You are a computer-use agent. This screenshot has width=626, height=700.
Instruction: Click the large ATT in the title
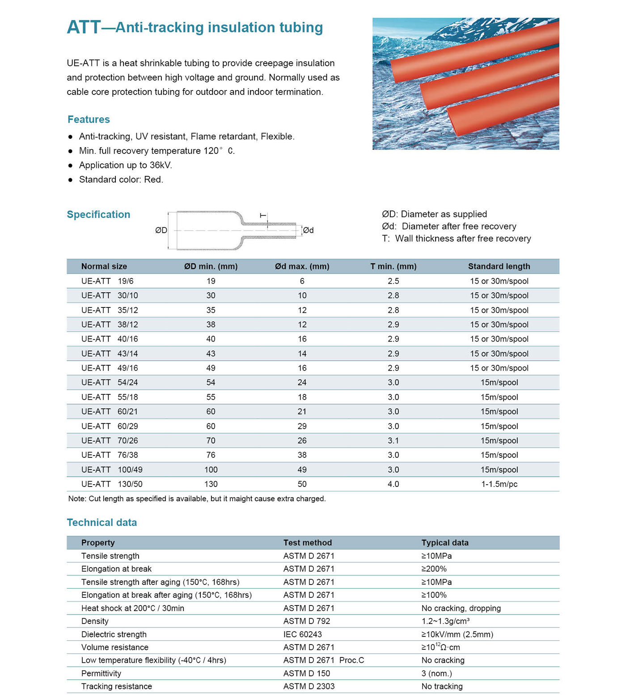pyautogui.click(x=84, y=27)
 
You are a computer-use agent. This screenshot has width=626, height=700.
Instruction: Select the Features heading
pyautogui.click(x=89, y=120)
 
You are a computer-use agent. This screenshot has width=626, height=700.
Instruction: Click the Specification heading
pyautogui.click(x=98, y=214)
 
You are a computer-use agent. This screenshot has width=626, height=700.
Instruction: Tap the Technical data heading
pyautogui.click(x=102, y=522)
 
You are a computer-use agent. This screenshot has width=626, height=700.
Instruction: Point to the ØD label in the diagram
pyautogui.click(x=161, y=230)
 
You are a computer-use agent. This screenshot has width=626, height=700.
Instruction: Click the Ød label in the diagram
pyautogui.click(x=309, y=230)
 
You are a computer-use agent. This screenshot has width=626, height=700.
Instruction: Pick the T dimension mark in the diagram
pyautogui.click(x=263, y=216)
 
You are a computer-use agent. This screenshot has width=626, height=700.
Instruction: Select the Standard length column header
pyautogui.click(x=499, y=266)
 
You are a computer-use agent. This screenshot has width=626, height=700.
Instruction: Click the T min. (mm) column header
pyautogui.click(x=393, y=266)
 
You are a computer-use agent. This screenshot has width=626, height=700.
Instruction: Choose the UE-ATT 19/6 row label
pyautogui.click(x=107, y=281)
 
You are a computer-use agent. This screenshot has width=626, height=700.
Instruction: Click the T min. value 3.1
pyautogui.click(x=393, y=440)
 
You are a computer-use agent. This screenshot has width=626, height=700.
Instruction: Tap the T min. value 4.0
pyautogui.click(x=393, y=484)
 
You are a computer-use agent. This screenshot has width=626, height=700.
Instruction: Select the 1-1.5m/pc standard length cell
pyautogui.click(x=499, y=484)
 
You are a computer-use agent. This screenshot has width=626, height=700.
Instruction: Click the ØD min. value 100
pyautogui.click(x=211, y=470)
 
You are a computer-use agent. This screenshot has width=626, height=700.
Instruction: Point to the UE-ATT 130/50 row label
pyautogui.click(x=112, y=484)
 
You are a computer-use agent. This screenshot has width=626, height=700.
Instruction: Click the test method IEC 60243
pyautogui.click(x=302, y=634)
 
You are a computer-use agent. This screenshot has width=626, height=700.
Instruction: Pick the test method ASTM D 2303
pyautogui.click(x=309, y=686)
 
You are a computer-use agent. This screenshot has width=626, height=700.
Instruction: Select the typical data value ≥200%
pyautogui.click(x=434, y=569)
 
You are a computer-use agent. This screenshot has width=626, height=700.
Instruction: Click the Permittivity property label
pyautogui.click(x=101, y=673)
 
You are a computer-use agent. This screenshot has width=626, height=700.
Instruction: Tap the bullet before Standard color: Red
pyautogui.click(x=70, y=180)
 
